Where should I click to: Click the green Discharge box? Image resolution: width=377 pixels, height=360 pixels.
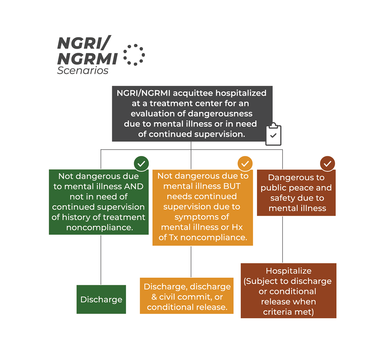(x=101, y=299)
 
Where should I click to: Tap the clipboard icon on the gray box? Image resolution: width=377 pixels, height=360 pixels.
(x=273, y=134)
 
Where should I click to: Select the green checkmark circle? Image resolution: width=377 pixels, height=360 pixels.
(x=141, y=163)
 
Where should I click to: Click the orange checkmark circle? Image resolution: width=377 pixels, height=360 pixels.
(x=245, y=163)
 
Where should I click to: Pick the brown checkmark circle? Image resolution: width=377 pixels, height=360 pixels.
(x=327, y=163)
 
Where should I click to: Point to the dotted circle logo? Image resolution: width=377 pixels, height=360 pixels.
(x=134, y=55)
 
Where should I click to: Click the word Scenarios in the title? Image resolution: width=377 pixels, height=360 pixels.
(x=83, y=70)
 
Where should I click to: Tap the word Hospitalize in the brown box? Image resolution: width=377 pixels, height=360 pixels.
(x=288, y=271)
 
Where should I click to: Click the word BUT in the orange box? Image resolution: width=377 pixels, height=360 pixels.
(x=232, y=186)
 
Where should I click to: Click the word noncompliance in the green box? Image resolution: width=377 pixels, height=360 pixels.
(x=100, y=227)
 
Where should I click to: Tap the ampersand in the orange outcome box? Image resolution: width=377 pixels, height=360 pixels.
(x=154, y=297)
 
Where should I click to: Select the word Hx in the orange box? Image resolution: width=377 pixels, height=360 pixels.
(x=237, y=227)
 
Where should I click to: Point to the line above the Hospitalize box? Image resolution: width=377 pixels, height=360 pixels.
(x=282, y=239)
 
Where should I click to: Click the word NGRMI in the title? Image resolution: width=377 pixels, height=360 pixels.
(x=87, y=59)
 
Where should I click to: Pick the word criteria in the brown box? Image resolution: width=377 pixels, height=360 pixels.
(x=276, y=312)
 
